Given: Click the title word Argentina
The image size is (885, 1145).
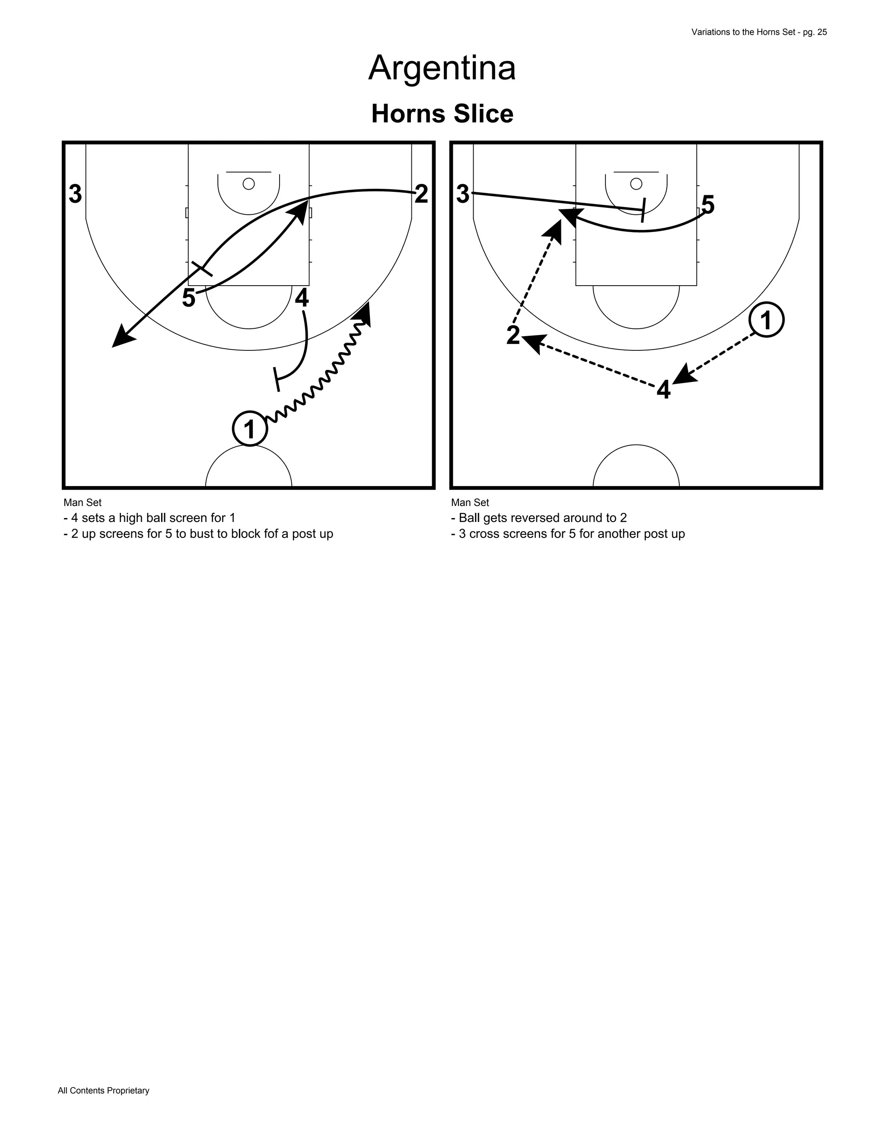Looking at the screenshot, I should coord(442,68).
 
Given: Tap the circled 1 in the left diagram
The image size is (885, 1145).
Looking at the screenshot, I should coord(250,429).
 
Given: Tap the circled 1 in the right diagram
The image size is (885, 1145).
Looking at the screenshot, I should coord(766,320).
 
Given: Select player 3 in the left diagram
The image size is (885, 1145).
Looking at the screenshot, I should coord(76,194).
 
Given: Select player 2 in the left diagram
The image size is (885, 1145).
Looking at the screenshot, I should coord(421,194).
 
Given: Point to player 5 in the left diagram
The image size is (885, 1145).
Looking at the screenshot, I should coord(189,298).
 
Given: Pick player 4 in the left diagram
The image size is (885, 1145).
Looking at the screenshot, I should coord(302,298).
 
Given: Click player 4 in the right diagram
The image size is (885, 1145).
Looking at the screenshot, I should coord(664,391).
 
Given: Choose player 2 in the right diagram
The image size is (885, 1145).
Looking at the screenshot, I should coord(513,336).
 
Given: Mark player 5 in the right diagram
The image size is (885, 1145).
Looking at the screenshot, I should coord(708,205).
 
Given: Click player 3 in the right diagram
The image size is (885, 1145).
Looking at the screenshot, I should coord(463,194).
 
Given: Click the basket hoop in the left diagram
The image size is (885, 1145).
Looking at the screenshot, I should coord(249,184).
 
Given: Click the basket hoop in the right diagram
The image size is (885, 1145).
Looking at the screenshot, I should coord(636,184).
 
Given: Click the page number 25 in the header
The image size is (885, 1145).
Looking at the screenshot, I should coord(821,32).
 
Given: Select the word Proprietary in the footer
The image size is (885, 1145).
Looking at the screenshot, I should coord(128,1091).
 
